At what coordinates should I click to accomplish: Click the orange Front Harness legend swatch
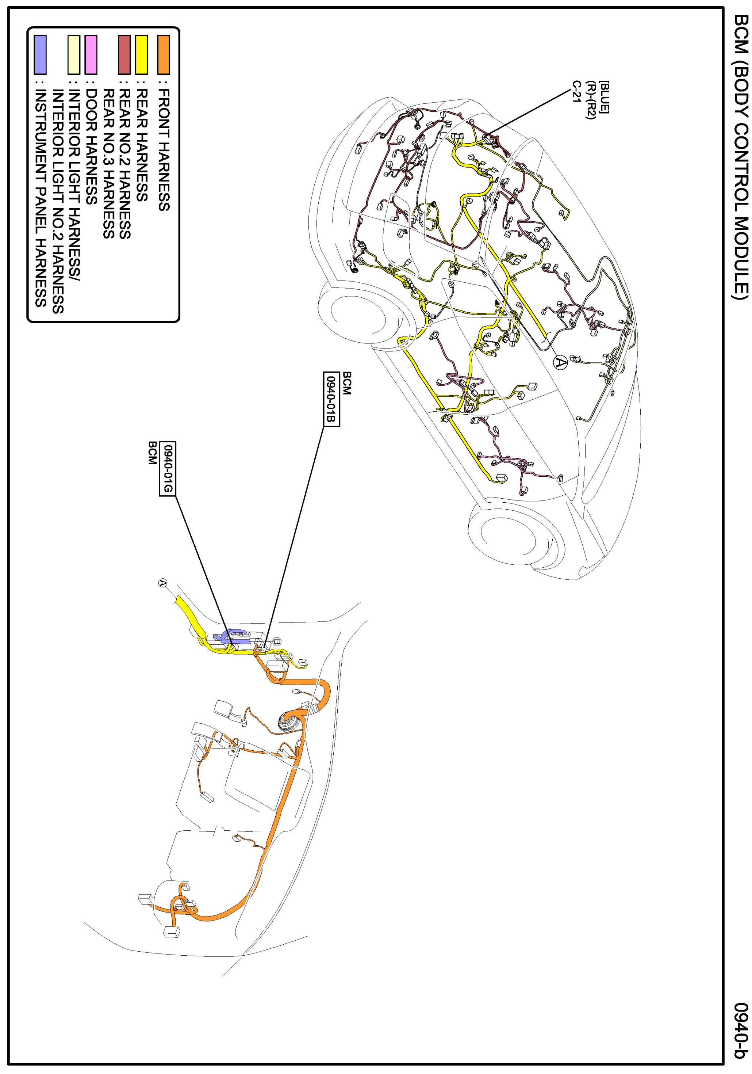163,55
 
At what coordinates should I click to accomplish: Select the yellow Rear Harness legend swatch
141,55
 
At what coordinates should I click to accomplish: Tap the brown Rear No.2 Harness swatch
124,55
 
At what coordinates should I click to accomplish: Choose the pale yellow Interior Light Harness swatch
73,55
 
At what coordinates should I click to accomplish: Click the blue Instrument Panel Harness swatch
41,55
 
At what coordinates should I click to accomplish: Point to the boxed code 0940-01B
331,399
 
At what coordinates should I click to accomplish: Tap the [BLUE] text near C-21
604,96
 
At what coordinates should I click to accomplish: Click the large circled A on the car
560,362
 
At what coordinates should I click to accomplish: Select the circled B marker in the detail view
276,641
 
